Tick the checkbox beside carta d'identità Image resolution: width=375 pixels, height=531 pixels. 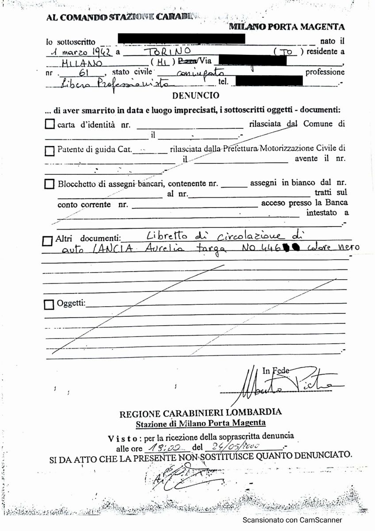click(50, 124)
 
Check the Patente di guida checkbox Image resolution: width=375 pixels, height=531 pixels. click(50, 151)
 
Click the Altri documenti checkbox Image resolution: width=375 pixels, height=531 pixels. click(47, 241)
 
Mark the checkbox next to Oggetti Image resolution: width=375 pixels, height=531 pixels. click(49, 304)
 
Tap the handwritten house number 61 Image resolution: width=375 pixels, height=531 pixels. click(84, 73)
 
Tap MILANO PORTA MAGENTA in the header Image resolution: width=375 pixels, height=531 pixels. click(287, 27)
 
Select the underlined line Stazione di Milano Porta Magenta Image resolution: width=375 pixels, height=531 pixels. click(200, 423)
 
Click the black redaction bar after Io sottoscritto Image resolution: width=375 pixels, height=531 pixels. click(181, 38)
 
